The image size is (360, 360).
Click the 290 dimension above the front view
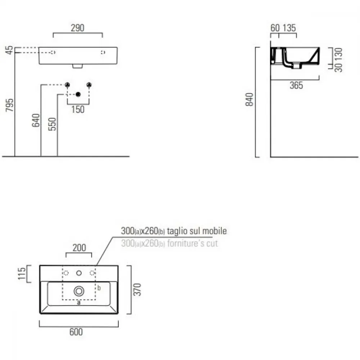point(78,28)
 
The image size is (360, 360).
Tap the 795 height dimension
point(10,105)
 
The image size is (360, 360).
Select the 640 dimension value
point(36,120)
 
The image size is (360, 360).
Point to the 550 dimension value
point(52,124)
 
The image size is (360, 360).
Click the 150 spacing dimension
point(78,109)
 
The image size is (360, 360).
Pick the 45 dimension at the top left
point(9,50)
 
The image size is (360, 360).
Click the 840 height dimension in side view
point(249,100)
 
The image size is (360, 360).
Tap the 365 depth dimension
point(296,85)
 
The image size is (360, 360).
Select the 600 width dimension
point(76,332)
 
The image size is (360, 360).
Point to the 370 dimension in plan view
point(137,289)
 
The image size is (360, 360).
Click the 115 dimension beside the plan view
point(22,274)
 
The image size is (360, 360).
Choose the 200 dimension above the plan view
point(79,248)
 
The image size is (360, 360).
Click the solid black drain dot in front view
point(78,94)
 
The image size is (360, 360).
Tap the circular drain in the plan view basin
point(79,291)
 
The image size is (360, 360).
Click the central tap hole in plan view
point(79,273)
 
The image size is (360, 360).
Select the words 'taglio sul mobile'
point(197,231)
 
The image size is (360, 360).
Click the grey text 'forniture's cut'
point(192,243)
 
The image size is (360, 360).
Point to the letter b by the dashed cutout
point(99,288)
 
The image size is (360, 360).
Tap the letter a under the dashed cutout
point(79,302)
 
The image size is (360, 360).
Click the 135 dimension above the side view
point(289,28)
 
